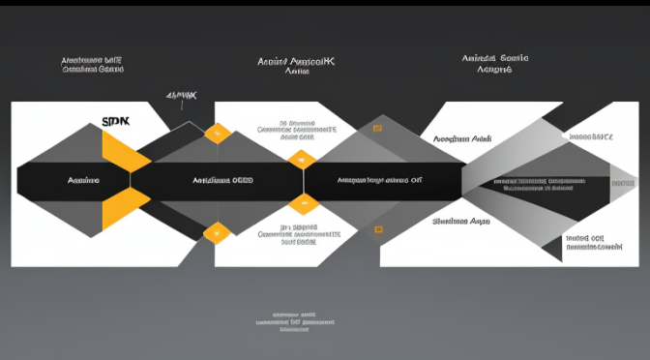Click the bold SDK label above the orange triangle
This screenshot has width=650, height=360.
pos(115,122)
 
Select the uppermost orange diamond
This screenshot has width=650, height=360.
pos(218,133)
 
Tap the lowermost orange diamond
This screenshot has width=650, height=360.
pos(218,230)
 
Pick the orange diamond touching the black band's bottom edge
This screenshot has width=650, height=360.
pos(303,201)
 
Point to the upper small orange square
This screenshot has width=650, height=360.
pos(378,133)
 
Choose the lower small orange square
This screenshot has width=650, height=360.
pos(378,229)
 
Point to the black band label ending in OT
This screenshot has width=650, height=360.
pos(379,180)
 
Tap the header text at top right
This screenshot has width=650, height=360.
pos(493,65)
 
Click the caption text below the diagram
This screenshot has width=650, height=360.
pos(295,321)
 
